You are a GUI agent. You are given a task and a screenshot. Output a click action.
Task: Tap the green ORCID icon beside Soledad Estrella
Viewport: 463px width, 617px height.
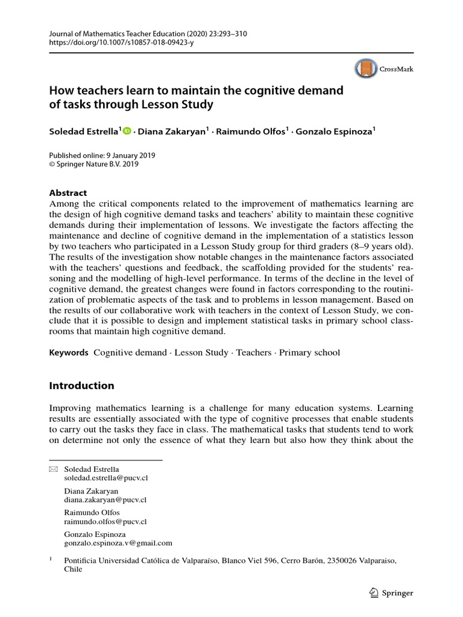tap(127, 131)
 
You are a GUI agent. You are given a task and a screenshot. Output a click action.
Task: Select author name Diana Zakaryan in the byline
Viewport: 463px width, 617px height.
tap(174, 132)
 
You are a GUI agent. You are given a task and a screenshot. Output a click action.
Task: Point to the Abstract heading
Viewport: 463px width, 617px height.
tap(68, 193)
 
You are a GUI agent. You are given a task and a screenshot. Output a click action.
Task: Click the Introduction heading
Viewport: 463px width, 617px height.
tap(81, 386)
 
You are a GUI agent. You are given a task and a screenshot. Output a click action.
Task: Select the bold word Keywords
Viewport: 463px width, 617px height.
tap(69, 352)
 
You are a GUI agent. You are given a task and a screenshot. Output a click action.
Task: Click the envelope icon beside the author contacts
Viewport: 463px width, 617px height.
tap(52, 469)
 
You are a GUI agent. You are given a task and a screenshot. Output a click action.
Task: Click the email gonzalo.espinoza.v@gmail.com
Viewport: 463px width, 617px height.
tap(118, 542)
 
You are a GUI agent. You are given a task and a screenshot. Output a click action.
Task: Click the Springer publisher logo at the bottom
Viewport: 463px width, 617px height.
tap(391, 593)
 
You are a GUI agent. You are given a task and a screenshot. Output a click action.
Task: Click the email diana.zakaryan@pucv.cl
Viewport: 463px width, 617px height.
tap(106, 499)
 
